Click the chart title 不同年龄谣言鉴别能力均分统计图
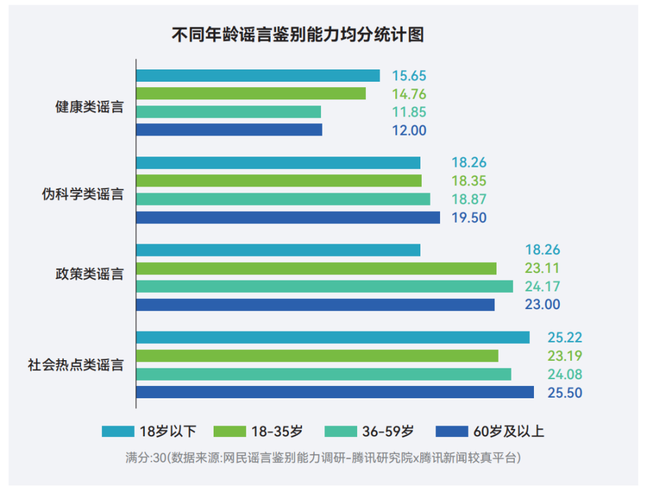pos(297,35)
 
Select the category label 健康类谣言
pos(89,107)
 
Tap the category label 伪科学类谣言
pos(82,194)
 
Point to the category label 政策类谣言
pos(89,274)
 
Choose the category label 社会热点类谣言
pos(76,365)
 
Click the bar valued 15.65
pos(258,76)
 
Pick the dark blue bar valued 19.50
pos(288,217)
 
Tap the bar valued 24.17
pos(324,286)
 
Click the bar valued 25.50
pos(335,393)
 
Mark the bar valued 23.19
pos(317,356)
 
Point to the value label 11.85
pos(409,112)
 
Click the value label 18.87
pos(469,199)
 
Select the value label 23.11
pos(542,268)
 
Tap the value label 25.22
pos(565,338)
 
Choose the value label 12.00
pos(409,131)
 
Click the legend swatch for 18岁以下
pos(118,431)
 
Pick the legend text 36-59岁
pos(388,431)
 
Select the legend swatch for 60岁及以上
pos(452,431)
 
